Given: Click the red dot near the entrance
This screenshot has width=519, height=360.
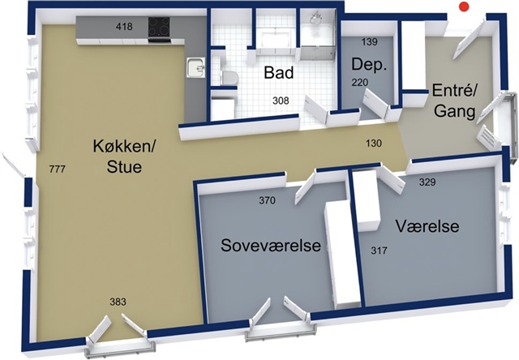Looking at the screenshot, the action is tap(465, 6).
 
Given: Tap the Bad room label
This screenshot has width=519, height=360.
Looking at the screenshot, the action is tap(279, 73).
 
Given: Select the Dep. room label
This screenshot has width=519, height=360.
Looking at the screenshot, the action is tap(369, 65).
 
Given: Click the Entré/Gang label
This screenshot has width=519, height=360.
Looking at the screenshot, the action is tap(454, 101).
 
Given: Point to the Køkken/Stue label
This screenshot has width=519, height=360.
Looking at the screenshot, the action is tap(124, 156).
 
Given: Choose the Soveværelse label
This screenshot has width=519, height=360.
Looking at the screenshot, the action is tap(271, 246).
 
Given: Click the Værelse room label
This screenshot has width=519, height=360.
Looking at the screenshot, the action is tap(427, 227).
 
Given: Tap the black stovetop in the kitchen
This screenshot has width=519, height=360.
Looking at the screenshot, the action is tap(159, 27).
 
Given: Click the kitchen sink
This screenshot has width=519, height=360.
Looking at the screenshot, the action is tap(195, 68).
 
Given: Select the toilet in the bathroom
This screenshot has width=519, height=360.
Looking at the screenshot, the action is tap(229, 78).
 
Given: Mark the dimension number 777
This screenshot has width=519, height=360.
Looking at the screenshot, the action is tap(58, 169).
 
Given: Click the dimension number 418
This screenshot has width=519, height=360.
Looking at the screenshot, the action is tap(124, 27).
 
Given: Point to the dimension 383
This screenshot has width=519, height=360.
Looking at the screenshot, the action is tap(118, 302).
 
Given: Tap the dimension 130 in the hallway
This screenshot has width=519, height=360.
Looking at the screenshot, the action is tap(374, 144).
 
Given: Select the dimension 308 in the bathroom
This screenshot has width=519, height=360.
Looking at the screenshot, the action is tap(281, 101).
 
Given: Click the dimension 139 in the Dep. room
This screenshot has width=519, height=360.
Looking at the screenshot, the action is tap(370, 42).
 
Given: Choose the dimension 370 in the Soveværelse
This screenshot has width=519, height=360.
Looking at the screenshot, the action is tap(267, 200).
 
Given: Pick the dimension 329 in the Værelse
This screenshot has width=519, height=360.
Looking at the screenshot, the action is tap(427, 182).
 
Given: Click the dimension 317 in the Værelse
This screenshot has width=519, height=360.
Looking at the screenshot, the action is tap(379, 251).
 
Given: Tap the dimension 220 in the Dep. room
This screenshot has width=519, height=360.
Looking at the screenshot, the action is tap(360, 82).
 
